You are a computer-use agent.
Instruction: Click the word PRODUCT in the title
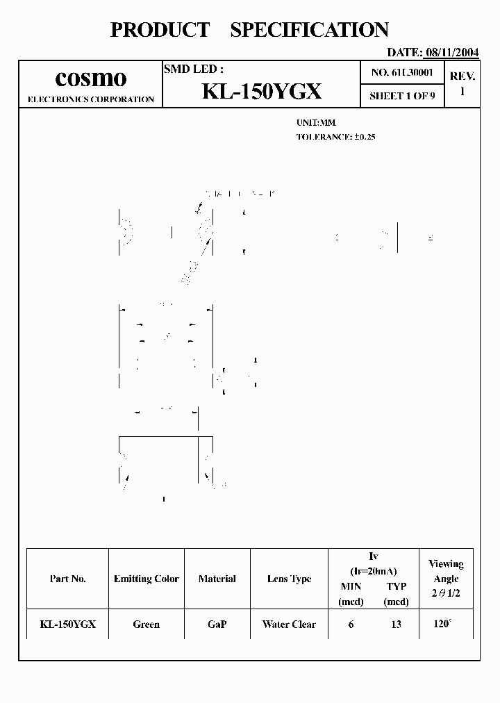pyautogui.click(x=160, y=30)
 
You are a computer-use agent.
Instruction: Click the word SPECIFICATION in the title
pyautogui.click(x=309, y=30)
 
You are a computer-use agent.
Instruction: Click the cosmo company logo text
pyautogui.click(x=90, y=78)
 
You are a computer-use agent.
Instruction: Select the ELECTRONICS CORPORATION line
pyautogui.click(x=90, y=99)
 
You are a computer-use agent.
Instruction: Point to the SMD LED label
pyautogui.click(x=193, y=69)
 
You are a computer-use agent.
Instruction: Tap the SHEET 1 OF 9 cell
pyautogui.click(x=402, y=96)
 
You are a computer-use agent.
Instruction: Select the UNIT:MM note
pyautogui.click(x=316, y=122)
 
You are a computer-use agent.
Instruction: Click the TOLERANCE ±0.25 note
pyautogui.click(x=335, y=137)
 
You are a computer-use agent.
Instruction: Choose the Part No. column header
pyautogui.click(x=68, y=579)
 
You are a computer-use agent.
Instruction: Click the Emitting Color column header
pyautogui.click(x=147, y=579)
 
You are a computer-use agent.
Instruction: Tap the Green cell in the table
pyautogui.click(x=147, y=625)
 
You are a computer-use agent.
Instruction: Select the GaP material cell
pyautogui.click(x=217, y=625)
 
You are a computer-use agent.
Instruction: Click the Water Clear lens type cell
pyautogui.click(x=289, y=625)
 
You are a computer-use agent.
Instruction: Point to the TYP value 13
pyautogui.click(x=396, y=625)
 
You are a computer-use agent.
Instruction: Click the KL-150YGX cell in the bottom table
pyautogui.click(x=68, y=625)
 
